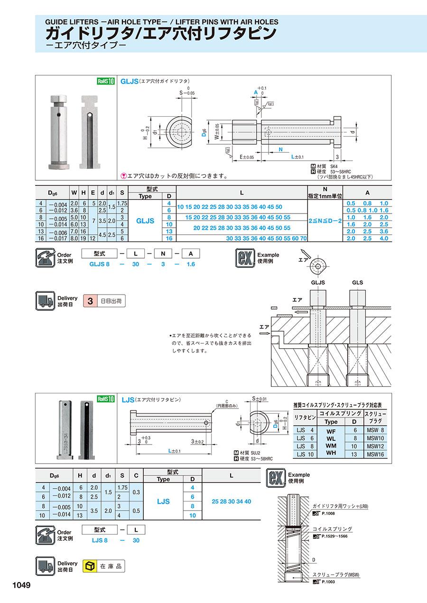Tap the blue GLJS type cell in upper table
[145, 221]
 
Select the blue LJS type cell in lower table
[163, 501]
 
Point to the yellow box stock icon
[89, 566]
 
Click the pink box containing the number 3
[90, 301]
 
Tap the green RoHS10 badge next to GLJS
[106, 81]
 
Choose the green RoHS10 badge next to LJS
[106, 399]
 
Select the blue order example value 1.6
[190, 264]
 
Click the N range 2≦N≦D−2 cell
[325, 221]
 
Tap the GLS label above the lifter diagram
[357, 282]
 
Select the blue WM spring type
[331, 446]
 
